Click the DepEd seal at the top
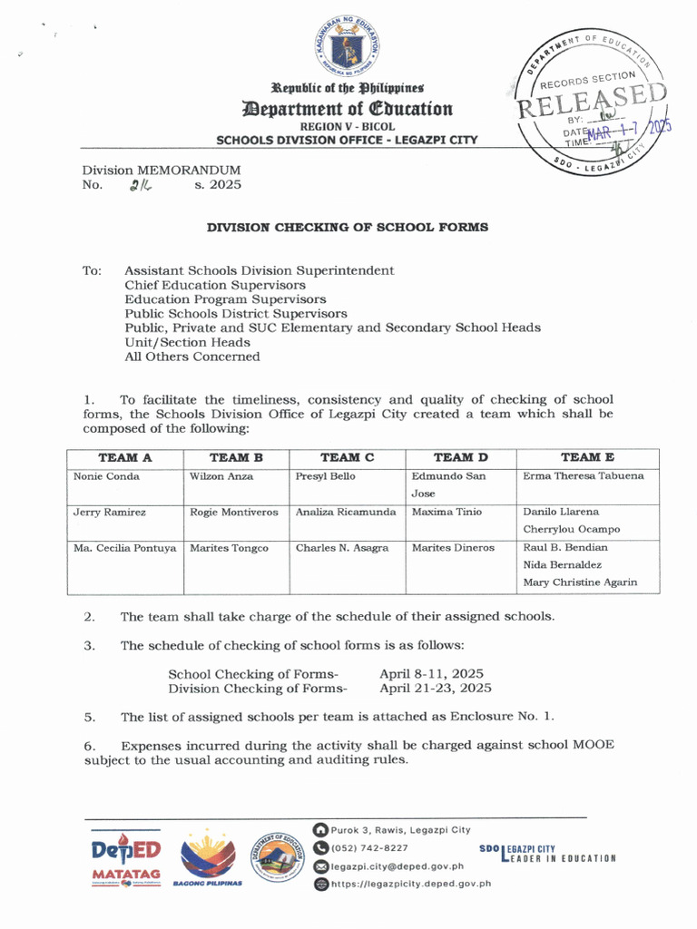[x=348, y=46]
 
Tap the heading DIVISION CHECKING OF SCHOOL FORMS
[x=348, y=227]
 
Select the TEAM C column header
[x=347, y=458]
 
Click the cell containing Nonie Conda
[x=106, y=476]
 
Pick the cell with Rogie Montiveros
[x=234, y=512]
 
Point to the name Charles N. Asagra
[x=342, y=548]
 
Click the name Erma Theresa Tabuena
[x=584, y=476]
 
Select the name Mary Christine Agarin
[x=580, y=582]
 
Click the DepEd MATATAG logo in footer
[x=126, y=858]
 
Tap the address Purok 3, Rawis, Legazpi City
[x=400, y=830]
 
